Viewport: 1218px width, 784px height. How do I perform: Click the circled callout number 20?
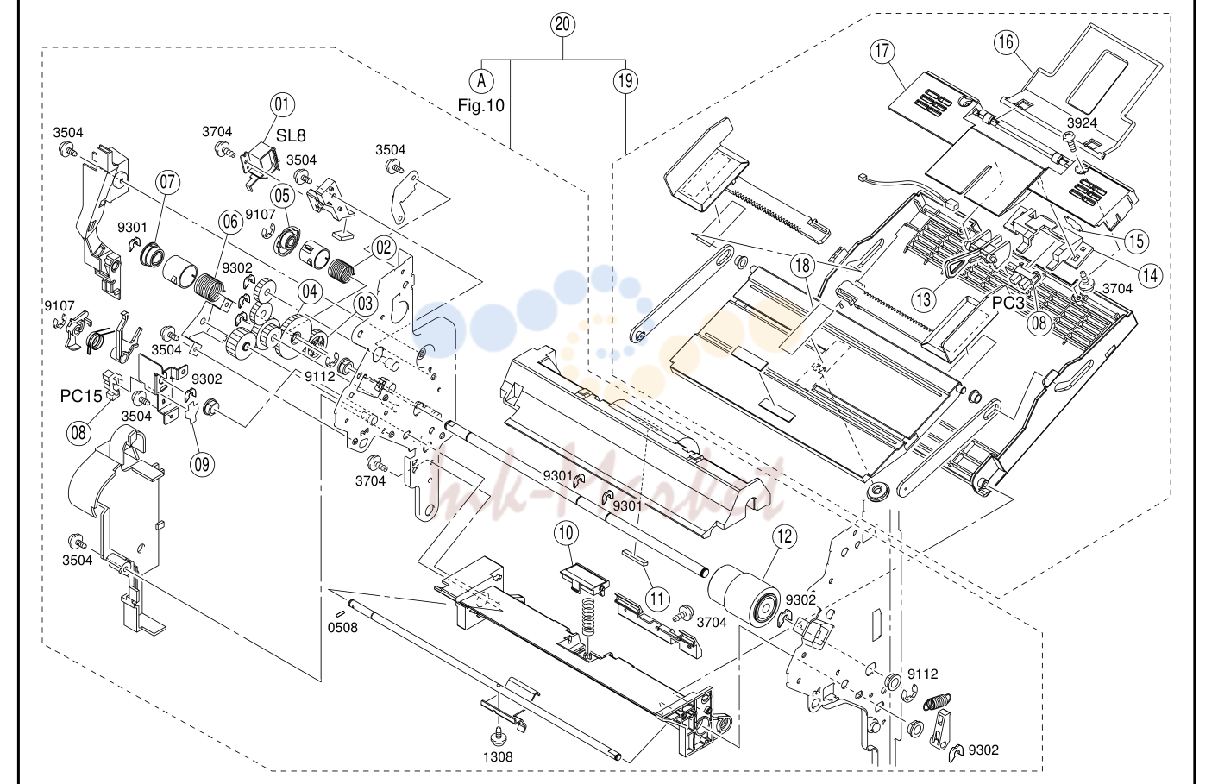[x=562, y=24]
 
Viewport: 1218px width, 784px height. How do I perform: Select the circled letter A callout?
[x=481, y=81]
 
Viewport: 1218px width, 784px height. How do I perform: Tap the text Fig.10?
[x=480, y=105]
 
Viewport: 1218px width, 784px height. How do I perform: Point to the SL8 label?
[x=291, y=135]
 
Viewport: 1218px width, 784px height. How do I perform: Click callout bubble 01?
[x=282, y=104]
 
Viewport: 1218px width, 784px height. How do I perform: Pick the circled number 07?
[x=167, y=182]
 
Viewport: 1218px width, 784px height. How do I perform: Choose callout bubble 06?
[x=230, y=222]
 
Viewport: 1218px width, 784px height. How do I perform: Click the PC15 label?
[x=81, y=397]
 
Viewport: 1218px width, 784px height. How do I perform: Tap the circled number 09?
[x=202, y=464]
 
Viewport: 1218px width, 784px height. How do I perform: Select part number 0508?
[x=342, y=627]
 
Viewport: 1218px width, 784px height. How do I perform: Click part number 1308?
[x=498, y=756]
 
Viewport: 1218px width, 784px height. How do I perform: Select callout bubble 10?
[x=566, y=533]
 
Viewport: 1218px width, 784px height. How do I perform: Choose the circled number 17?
[x=882, y=51]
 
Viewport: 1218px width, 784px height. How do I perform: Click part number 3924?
[x=1082, y=122]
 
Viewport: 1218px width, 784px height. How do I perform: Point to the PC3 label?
[x=1008, y=303]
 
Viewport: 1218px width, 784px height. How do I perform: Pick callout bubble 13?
[x=924, y=299]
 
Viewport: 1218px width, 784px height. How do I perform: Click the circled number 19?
[x=626, y=81]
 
